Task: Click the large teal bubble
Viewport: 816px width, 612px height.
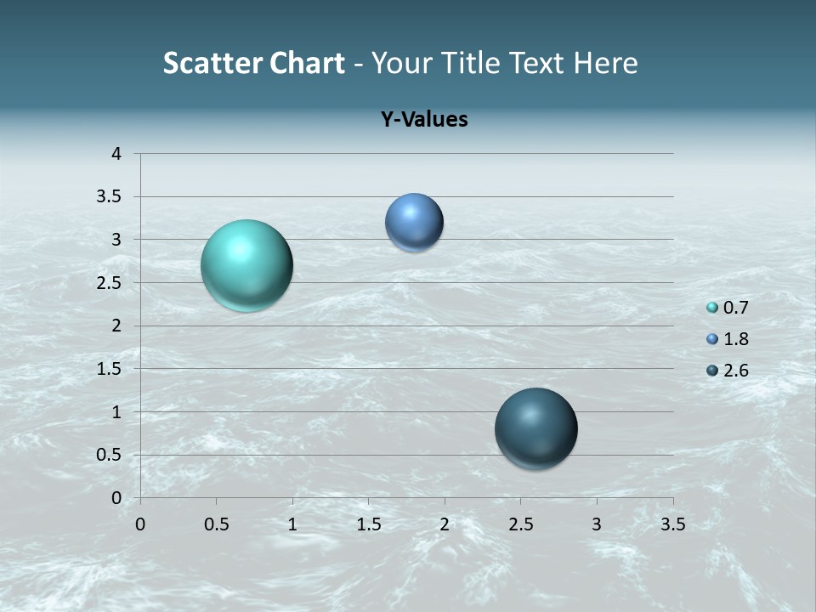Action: click(247, 265)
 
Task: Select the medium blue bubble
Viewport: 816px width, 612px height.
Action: click(414, 223)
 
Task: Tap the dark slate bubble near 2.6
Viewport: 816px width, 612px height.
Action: click(535, 428)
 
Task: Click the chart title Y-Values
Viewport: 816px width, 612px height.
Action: click(424, 120)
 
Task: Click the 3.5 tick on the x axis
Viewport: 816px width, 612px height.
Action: click(672, 524)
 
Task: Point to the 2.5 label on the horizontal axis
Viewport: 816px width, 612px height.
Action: click(520, 524)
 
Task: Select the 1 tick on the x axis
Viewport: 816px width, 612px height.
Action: click(292, 524)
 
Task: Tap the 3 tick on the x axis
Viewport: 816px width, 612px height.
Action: click(597, 524)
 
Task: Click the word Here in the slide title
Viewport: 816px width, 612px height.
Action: click(605, 63)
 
